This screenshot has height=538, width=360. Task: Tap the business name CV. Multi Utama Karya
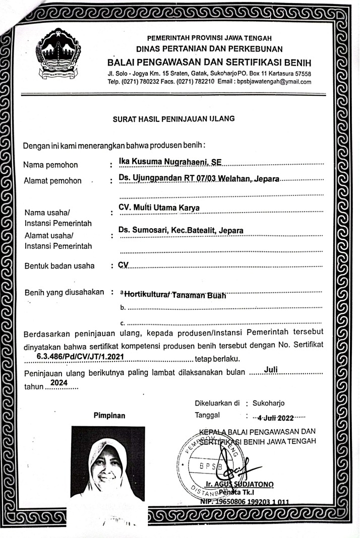pyautogui.click(x=159, y=208)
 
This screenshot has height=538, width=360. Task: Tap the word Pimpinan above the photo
pyautogui.click(x=109, y=416)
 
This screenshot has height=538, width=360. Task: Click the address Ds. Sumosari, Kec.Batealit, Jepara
pyautogui.click(x=181, y=230)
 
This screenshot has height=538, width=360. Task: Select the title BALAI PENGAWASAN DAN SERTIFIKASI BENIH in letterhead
pyautogui.click(x=209, y=62)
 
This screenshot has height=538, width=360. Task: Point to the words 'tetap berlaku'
pyautogui.click(x=217, y=359)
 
